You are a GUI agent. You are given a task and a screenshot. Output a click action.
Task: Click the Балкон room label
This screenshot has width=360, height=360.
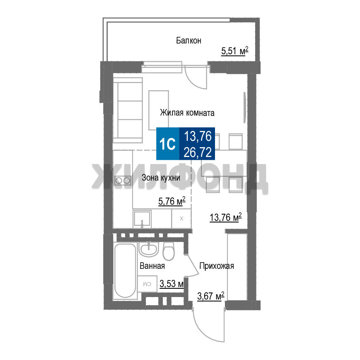coord(188,41)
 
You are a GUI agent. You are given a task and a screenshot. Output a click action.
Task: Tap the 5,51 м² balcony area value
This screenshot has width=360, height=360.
coord(234,51)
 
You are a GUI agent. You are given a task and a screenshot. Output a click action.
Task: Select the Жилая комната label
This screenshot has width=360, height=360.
coord(187,113)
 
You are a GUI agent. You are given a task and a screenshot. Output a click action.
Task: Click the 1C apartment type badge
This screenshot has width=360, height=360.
coord(168,144)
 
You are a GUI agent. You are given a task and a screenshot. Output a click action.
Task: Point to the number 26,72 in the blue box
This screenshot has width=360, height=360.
coord(198,152)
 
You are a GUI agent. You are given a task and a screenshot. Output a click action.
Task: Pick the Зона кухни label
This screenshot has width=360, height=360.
coord(161,178)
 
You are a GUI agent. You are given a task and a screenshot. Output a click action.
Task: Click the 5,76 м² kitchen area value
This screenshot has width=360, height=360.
coord(172,201)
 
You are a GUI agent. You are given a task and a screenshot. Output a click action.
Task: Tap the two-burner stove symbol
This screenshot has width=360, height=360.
coord(123,181)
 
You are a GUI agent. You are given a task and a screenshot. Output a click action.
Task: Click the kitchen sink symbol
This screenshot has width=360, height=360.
coord(142,219)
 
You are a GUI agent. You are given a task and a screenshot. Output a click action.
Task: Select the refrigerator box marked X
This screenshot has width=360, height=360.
coord(181,219)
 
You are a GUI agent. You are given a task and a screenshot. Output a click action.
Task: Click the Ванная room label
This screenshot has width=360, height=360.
coord(152,266)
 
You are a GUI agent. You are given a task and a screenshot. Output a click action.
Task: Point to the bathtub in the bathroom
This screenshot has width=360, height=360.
coord(125,271)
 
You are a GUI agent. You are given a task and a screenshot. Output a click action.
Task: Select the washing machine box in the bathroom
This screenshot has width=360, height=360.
coord(147,284)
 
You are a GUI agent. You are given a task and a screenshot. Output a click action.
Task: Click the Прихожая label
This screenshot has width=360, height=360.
coord(217,266)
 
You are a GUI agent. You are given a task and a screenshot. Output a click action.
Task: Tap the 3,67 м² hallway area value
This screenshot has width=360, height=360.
coord(210,296)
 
